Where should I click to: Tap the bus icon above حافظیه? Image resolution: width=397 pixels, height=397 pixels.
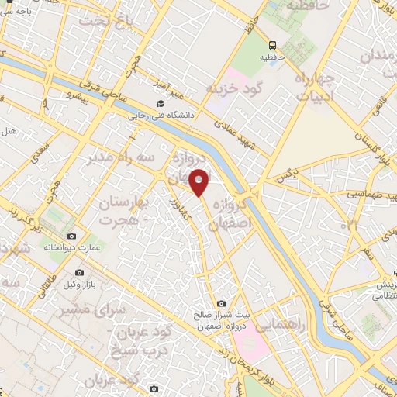click(273, 44)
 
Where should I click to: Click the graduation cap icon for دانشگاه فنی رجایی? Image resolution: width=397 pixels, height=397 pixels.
click(161, 103)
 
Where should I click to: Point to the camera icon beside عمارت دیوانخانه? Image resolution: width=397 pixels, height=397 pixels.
click(72, 236)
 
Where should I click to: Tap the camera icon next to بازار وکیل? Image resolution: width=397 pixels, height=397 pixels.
click(80, 273)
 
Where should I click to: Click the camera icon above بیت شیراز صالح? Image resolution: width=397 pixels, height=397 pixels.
click(222, 303)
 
